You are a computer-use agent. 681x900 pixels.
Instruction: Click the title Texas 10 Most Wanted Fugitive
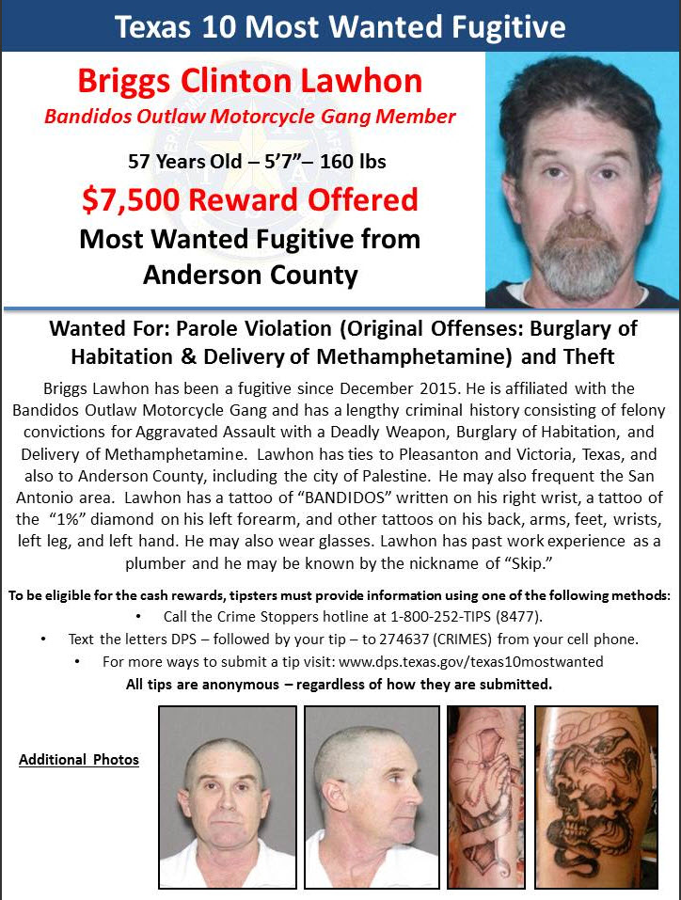340,26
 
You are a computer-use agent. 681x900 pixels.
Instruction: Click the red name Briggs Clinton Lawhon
249,81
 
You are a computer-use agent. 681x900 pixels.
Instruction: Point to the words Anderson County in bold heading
250,275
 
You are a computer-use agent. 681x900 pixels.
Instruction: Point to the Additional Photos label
79,759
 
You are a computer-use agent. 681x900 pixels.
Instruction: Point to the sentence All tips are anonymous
339,684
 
